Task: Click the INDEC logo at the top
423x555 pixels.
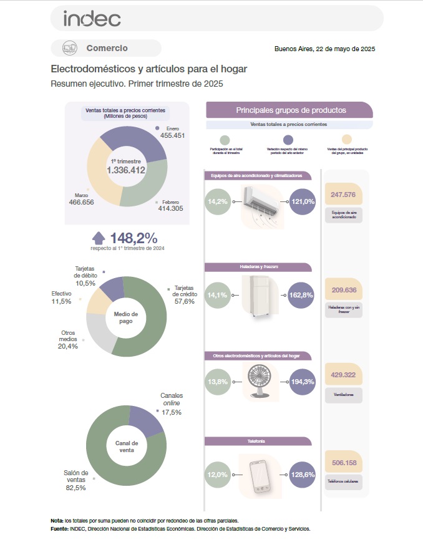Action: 92,19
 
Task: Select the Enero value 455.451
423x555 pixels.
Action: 172,135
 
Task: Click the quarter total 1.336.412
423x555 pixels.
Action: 126,170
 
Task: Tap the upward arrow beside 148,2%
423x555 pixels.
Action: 99,238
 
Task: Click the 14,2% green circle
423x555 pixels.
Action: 218,202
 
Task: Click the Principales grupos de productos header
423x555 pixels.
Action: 290,110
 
